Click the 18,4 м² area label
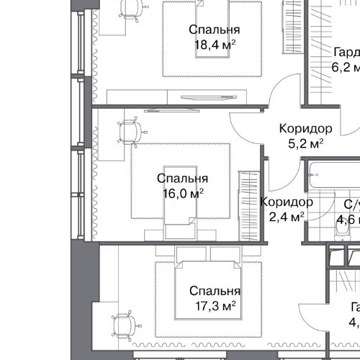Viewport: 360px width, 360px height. (x=215, y=45)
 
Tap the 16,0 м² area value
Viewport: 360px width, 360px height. (x=183, y=193)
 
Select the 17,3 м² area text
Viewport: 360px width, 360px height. (x=215, y=306)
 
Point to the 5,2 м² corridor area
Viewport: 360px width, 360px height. (x=305, y=143)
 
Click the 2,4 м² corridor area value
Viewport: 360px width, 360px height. (x=286, y=216)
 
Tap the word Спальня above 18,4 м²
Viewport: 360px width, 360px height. (x=215, y=30)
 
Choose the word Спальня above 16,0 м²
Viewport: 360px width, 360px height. (x=183, y=179)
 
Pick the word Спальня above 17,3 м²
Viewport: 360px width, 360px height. (x=215, y=292)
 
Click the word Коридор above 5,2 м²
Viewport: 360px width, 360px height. (x=305, y=129)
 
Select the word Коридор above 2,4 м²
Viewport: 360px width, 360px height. (x=286, y=202)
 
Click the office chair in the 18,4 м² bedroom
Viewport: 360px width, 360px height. (x=129, y=8)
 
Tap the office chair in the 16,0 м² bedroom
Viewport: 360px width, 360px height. (x=130, y=132)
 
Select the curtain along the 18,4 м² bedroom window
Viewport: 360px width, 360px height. (x=91, y=50)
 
